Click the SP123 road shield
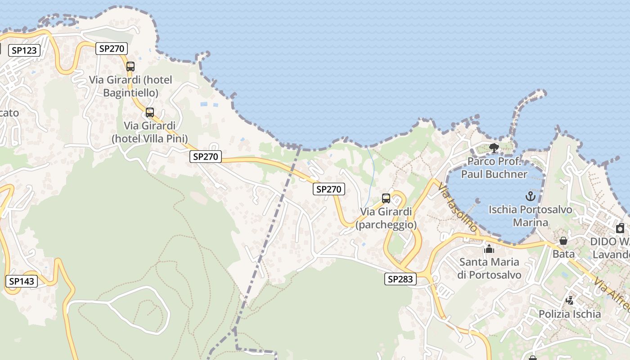[24, 50]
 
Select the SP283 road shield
[400, 279]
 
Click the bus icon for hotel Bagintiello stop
[130, 67]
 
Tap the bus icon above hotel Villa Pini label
[150, 112]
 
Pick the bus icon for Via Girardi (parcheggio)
[386, 198]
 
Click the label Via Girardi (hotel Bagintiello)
[130, 86]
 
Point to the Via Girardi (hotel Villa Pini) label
[150, 132]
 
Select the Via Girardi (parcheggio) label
[386, 218]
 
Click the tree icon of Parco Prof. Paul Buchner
[494, 148]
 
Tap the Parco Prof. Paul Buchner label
[494, 167]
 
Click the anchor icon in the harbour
[530, 196]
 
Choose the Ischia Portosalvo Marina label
[530, 216]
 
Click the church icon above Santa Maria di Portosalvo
[489, 248]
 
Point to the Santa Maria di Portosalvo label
[489, 268]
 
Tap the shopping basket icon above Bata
[563, 241]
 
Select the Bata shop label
[563, 254]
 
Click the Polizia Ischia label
[570, 314]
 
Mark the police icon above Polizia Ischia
[570, 300]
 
